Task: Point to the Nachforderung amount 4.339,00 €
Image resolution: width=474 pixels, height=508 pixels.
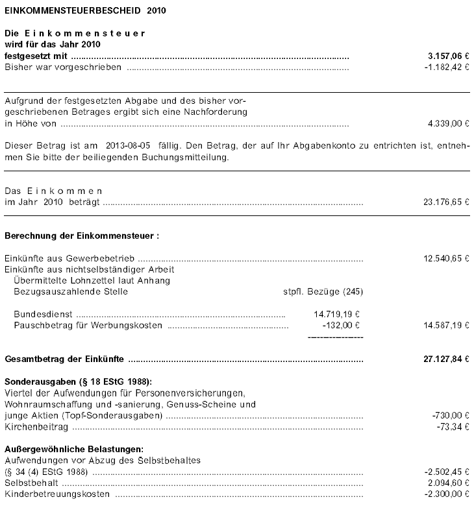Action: coord(447,123)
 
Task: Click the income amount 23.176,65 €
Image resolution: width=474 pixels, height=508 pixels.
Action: coord(445,202)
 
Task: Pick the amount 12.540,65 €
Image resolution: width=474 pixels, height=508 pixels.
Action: coord(445,258)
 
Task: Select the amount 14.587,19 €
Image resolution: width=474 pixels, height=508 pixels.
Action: coord(445,324)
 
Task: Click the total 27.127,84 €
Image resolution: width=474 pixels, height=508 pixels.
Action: coord(445,359)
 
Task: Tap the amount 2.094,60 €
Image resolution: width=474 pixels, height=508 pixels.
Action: coord(447,483)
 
